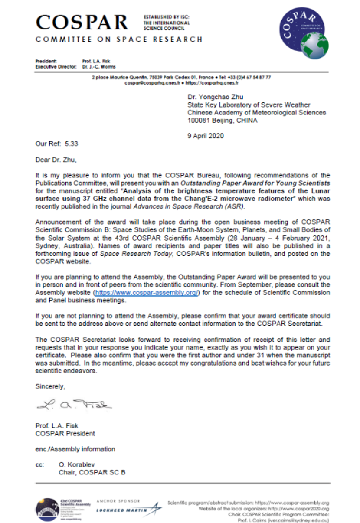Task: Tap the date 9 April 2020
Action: pyautogui.click(x=206, y=136)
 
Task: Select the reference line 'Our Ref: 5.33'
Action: pyautogui.click(x=57, y=143)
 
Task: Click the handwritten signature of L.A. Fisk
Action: pyautogui.click(x=74, y=405)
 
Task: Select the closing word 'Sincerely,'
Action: pyautogui.click(x=50, y=386)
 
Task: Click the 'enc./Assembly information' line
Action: pyautogui.click(x=75, y=449)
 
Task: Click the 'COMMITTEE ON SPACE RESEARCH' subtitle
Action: pyautogui.click(x=119, y=39)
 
